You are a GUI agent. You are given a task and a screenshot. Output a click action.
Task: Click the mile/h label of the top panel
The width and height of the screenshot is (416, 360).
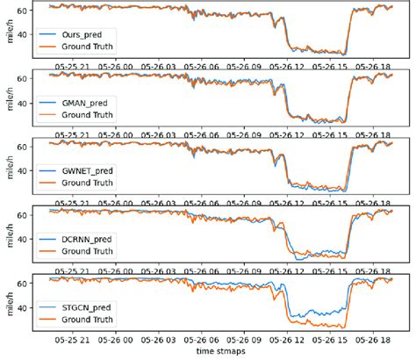8,32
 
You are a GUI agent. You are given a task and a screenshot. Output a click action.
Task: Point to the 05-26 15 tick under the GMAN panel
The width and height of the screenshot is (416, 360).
331,135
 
